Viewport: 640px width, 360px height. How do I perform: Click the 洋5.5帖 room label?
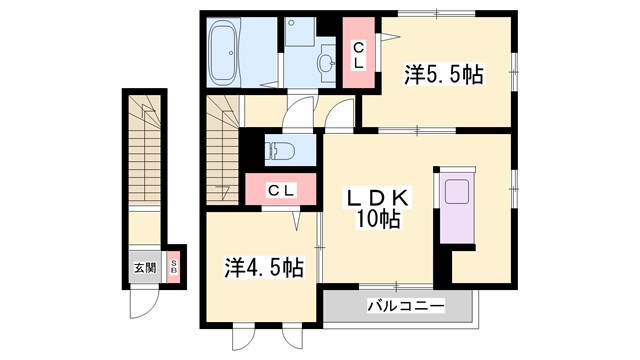(444, 74)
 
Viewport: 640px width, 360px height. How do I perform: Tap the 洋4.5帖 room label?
(263, 267)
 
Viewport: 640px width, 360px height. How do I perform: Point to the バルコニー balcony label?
(397, 306)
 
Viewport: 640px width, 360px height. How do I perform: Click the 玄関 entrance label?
(144, 268)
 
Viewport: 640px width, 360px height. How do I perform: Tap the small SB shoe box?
(172, 267)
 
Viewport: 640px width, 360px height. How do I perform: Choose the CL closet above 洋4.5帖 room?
(280, 191)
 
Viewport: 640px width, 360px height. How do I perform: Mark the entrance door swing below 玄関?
(145, 301)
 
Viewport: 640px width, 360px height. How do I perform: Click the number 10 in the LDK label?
(368, 219)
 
